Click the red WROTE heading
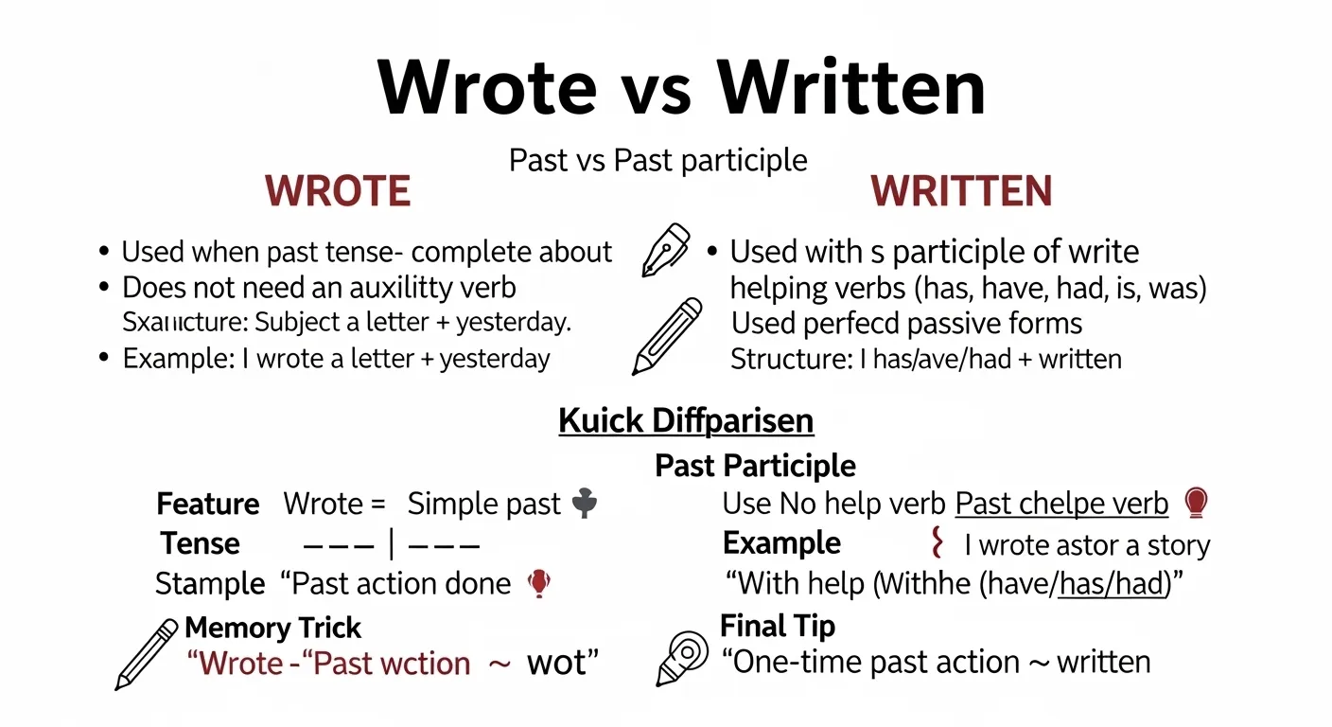click(x=338, y=191)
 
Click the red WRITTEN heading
click(x=962, y=191)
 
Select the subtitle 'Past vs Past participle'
click(x=657, y=160)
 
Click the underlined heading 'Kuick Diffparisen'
click(x=686, y=420)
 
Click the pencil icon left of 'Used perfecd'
click(x=667, y=336)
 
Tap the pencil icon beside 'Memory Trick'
click(x=147, y=654)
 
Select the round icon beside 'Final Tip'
click(x=682, y=656)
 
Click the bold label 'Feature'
click(x=208, y=505)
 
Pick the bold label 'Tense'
click(x=201, y=544)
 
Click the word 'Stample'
click(x=210, y=584)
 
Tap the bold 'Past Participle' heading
click(x=755, y=466)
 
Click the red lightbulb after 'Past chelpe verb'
click(x=1196, y=503)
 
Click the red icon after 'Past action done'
click(x=538, y=583)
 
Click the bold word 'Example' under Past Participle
click(x=781, y=543)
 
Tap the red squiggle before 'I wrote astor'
click(x=938, y=543)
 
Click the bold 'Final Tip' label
click(x=778, y=626)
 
